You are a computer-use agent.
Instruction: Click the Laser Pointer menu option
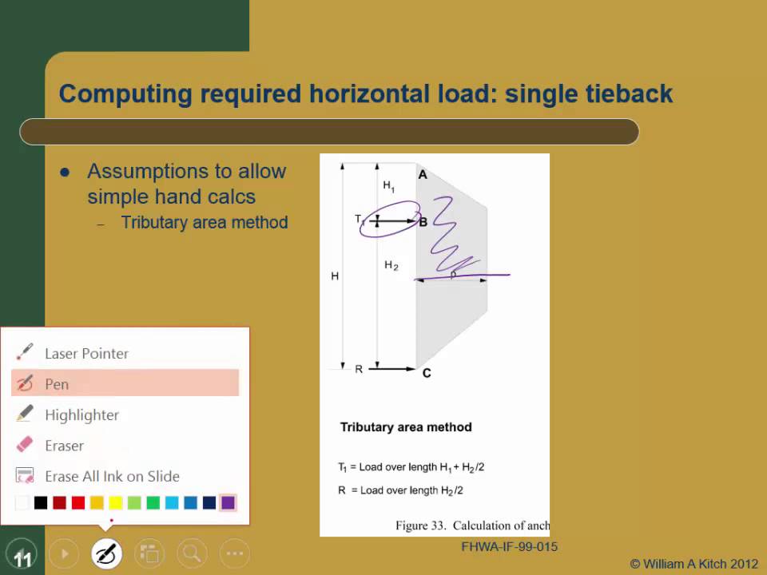tap(86, 353)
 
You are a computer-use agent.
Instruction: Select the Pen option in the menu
tap(57, 383)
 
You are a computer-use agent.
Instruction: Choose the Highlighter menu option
tap(81, 414)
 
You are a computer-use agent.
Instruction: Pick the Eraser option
tap(64, 446)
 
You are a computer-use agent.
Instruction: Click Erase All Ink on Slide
tap(112, 476)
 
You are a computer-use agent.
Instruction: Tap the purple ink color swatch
tap(228, 503)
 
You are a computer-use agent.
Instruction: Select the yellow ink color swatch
tap(115, 503)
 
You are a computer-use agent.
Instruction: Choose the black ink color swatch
tap(41, 503)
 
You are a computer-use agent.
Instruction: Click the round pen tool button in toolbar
tap(106, 553)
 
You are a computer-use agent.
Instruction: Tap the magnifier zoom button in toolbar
tap(191, 553)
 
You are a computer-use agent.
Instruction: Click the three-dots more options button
tap(234, 553)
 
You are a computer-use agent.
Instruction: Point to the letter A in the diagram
tap(423, 174)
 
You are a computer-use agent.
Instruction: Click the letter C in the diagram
tap(427, 373)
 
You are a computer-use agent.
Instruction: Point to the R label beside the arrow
tap(359, 369)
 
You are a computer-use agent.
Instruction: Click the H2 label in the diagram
tap(391, 265)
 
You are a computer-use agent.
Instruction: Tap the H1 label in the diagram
tap(388, 186)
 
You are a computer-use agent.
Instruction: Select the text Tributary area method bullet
tap(204, 222)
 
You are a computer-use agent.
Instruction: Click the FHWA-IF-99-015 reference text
tap(509, 547)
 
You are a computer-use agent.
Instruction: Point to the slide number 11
tap(22, 559)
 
